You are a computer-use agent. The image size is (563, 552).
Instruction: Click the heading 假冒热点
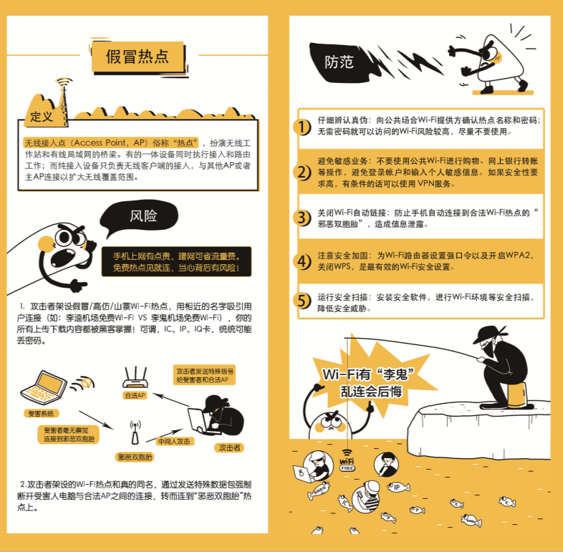(137, 57)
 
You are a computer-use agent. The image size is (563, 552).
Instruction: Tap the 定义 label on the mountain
(42, 116)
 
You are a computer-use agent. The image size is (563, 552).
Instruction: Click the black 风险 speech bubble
(140, 216)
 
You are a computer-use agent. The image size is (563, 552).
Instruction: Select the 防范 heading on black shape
(339, 62)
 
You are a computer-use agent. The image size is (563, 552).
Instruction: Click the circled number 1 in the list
(302, 127)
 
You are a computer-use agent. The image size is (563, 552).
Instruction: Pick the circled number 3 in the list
(302, 218)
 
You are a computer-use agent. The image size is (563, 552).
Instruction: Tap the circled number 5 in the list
(302, 301)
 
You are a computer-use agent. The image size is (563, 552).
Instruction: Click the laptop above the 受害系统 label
(44, 388)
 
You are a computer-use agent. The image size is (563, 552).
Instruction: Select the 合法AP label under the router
(135, 395)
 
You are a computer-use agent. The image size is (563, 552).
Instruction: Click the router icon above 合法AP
(135, 377)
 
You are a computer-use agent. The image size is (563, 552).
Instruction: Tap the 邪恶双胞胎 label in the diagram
(135, 457)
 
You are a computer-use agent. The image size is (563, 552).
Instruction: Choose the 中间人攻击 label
(175, 442)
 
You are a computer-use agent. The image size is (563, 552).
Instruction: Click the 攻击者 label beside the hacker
(229, 447)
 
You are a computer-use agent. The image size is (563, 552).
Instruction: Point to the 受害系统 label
(41, 413)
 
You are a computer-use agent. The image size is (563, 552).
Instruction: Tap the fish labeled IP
(398, 487)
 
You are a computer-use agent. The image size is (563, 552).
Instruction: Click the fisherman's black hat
(490, 334)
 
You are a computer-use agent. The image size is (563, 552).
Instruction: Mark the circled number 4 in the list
(302, 261)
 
